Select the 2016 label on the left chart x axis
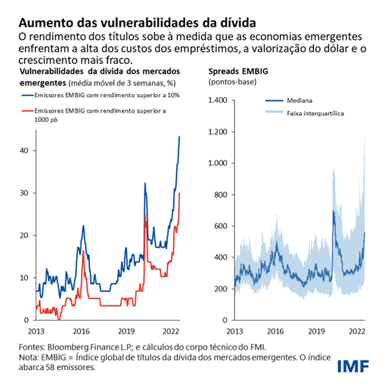pyautogui.click(x=82, y=331)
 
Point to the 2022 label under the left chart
pyautogui.click(x=170, y=331)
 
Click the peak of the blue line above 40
pyautogui.click(x=180, y=137)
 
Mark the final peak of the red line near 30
pyautogui.click(x=180, y=193)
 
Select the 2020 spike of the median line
pyautogui.click(x=334, y=210)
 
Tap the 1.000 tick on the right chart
pyautogui.click(x=220, y=163)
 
